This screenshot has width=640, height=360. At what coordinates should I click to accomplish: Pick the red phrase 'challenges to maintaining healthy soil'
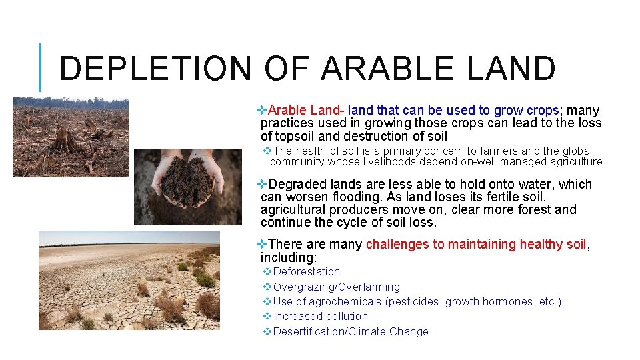tap(476, 244)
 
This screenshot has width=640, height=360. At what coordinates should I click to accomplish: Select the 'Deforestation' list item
tap(306, 271)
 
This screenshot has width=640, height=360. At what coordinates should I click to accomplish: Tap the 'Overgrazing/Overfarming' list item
tap(336, 287)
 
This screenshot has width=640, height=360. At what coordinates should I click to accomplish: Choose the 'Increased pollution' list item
tap(320, 316)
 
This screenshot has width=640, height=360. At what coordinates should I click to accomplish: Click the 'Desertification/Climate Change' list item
tap(351, 331)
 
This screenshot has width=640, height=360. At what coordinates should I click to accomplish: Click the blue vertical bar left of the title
tap(40, 67)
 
